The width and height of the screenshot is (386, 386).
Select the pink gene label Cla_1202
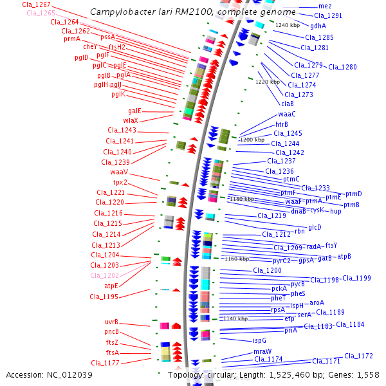tap(104, 275)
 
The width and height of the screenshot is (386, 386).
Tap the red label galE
tap(134, 111)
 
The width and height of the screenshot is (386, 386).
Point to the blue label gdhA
tap(318, 26)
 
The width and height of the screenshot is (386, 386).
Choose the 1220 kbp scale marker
tap(268, 82)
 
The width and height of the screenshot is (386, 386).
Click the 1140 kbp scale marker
tap(235, 318)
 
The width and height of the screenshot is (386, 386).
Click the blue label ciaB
tap(288, 104)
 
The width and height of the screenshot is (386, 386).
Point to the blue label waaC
tap(287, 114)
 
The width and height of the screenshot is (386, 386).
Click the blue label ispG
tap(259, 340)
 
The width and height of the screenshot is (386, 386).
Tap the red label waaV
tap(119, 172)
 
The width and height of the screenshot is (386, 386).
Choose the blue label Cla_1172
tap(358, 356)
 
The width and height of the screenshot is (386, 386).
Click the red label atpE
tap(111, 286)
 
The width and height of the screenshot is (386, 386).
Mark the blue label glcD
tap(315, 227)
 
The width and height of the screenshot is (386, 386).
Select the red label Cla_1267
tap(36, 5)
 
